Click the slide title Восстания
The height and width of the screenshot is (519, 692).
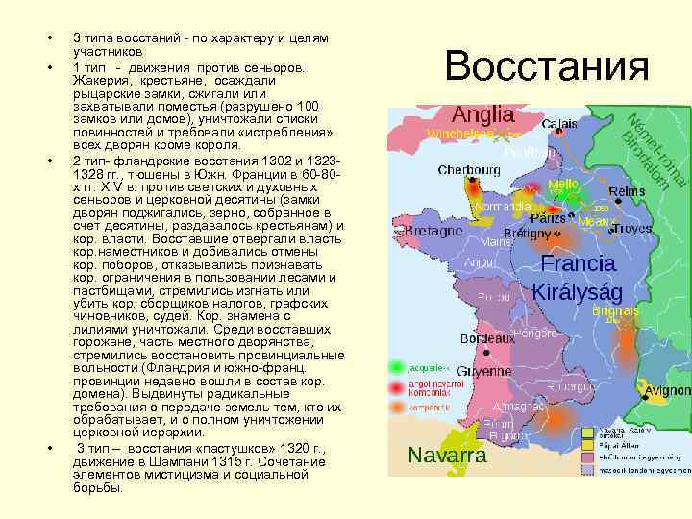(x=547, y=66)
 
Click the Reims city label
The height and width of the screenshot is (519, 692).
(x=627, y=192)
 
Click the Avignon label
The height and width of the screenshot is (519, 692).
(x=668, y=391)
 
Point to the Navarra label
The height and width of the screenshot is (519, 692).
(x=447, y=455)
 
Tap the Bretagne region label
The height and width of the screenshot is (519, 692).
(x=433, y=232)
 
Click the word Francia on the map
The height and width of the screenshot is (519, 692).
(x=579, y=263)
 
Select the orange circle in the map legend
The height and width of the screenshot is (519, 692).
(x=396, y=408)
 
